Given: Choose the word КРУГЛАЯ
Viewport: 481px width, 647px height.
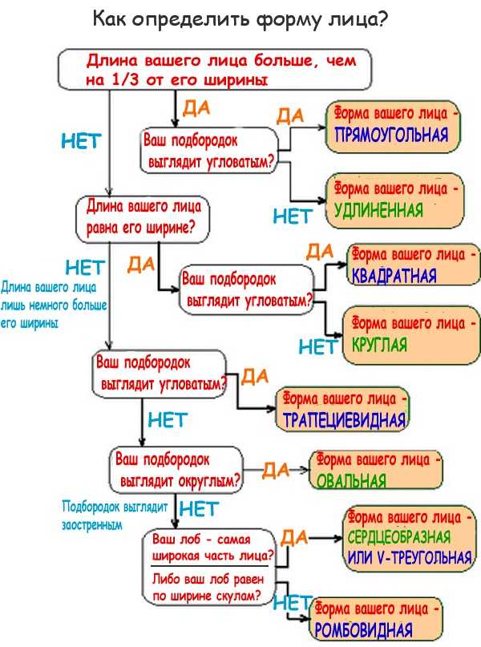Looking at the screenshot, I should [x=380, y=346].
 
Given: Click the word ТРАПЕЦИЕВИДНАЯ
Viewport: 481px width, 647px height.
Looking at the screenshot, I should [x=343, y=419].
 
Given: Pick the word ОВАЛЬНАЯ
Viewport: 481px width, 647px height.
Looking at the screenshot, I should [x=351, y=482].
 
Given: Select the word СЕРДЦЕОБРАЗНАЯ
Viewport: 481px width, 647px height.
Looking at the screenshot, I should [x=398, y=536].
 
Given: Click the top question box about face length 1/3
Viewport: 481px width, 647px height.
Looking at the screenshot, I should [x=216, y=70].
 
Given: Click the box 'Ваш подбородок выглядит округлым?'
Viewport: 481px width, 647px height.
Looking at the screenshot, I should [x=176, y=471].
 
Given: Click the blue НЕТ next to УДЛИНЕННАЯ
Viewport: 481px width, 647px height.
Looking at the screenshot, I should [x=292, y=216].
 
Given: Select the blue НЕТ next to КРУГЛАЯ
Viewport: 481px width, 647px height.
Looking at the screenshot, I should [x=317, y=348].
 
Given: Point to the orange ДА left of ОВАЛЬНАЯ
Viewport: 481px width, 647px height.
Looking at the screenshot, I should [x=276, y=471].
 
